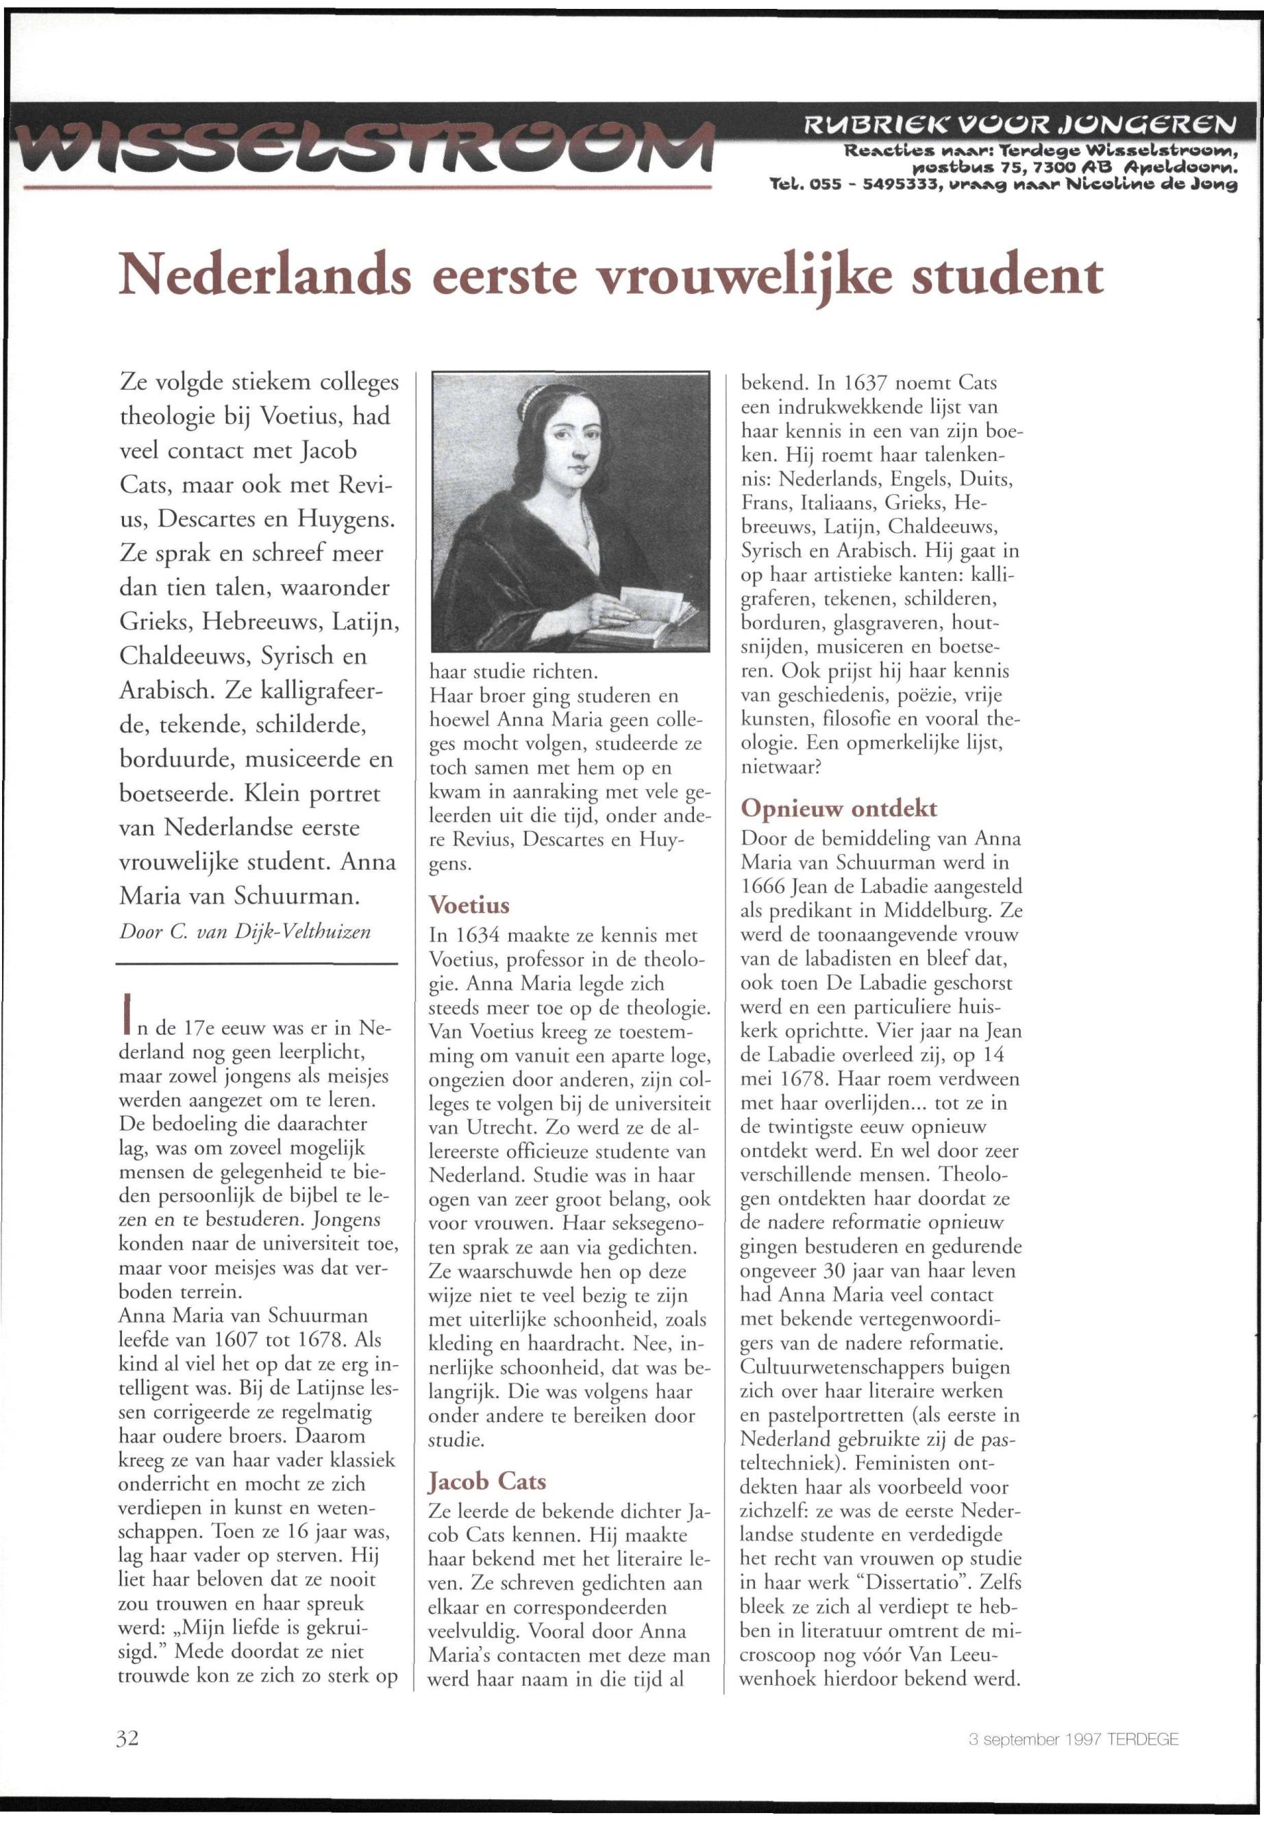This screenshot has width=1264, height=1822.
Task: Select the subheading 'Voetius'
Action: [469, 905]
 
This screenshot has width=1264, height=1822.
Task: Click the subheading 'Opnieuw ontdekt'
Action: [839, 808]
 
